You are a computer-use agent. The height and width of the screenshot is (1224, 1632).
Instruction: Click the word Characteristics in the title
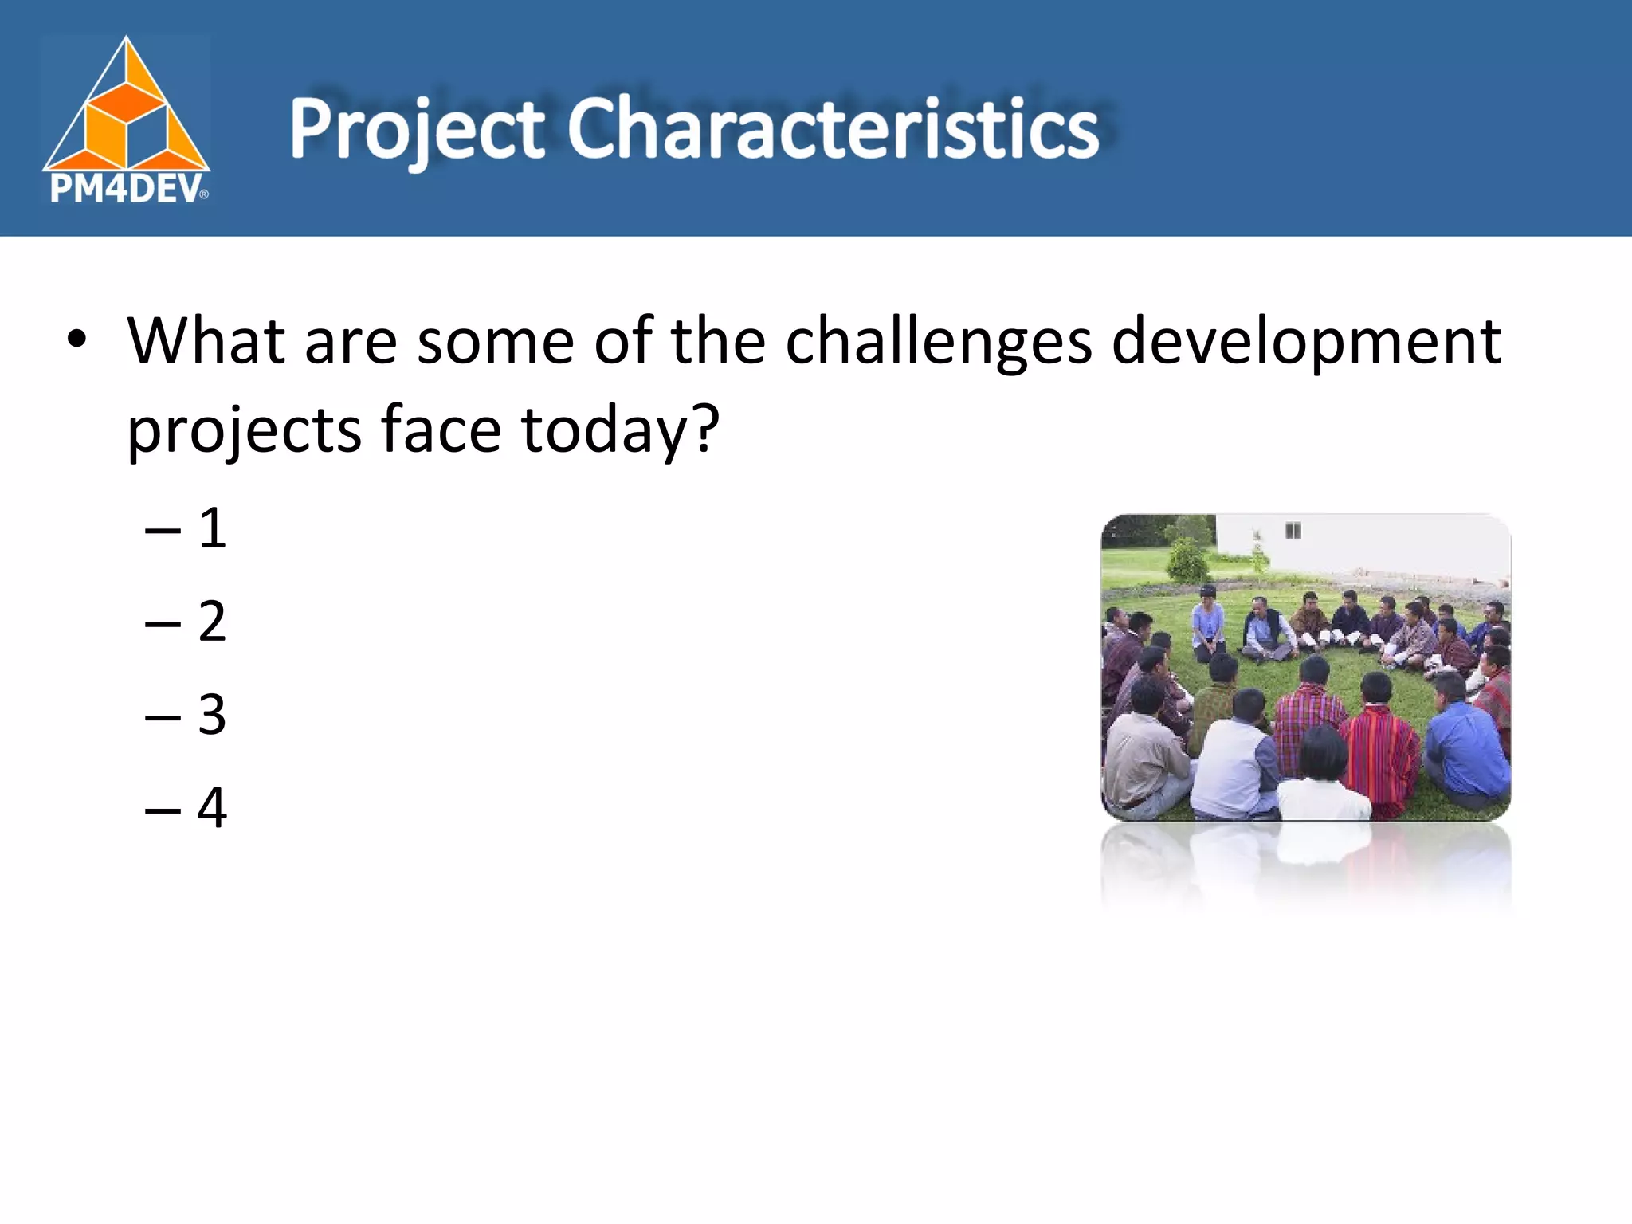(x=833, y=127)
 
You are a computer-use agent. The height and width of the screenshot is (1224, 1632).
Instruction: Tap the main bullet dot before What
(x=76, y=341)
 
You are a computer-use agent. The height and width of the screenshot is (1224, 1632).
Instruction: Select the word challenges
(x=938, y=341)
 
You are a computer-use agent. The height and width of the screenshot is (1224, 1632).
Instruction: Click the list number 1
(x=212, y=528)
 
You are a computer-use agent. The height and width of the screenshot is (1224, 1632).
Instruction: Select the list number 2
(x=212, y=621)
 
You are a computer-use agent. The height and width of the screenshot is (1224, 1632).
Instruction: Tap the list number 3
(x=212, y=714)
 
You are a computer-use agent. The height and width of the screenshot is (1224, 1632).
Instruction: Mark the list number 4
(x=212, y=807)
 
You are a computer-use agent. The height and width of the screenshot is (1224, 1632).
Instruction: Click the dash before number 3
(x=163, y=716)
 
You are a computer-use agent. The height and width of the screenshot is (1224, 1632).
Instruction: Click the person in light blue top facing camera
(x=1208, y=626)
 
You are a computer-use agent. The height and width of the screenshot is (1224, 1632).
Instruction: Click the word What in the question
(x=206, y=341)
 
